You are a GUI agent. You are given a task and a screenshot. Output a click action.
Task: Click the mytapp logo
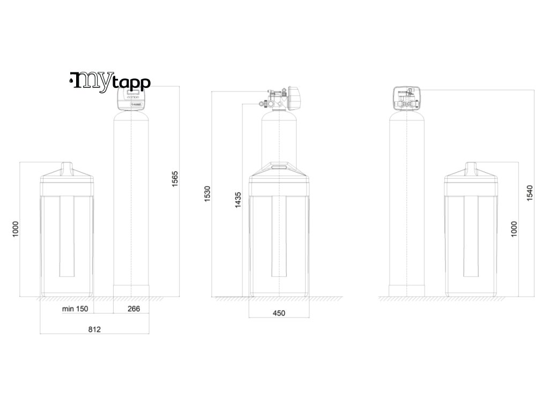(110, 82)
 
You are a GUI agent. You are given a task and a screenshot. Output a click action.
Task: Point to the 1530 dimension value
(207, 195)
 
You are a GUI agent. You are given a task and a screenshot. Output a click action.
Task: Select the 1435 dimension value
(238, 200)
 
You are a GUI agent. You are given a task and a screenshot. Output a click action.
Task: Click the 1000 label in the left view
(16, 229)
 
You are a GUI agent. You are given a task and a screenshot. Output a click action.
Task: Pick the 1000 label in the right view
(514, 229)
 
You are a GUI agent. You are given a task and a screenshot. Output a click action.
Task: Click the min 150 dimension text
(75, 309)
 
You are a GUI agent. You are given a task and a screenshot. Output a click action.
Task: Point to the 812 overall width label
(94, 329)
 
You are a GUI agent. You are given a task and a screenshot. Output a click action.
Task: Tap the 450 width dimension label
(279, 313)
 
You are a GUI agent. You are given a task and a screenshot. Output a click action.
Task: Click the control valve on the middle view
(282, 98)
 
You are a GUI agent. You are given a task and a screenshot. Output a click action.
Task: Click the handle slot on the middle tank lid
(279, 167)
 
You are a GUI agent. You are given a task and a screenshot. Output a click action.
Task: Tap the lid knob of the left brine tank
(67, 168)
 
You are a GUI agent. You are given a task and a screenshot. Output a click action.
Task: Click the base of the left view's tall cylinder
(131, 290)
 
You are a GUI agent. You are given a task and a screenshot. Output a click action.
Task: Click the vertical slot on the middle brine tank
(279, 236)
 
